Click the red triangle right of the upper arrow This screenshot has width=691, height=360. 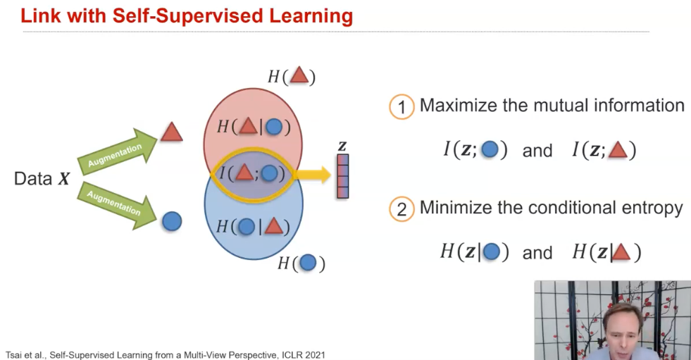(x=171, y=132)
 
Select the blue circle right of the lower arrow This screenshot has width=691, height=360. (x=171, y=221)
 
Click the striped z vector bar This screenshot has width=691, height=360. (x=342, y=176)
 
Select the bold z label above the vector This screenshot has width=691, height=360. (x=342, y=147)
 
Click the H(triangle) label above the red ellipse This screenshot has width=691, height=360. (x=291, y=76)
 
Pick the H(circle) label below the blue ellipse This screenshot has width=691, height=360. (x=301, y=263)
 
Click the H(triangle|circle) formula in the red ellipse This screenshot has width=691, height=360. (x=254, y=127)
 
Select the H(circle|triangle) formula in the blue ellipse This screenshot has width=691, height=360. (x=254, y=226)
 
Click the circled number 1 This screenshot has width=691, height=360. (x=401, y=107)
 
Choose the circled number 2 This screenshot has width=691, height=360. (x=401, y=209)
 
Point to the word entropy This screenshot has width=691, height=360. (x=648, y=208)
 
